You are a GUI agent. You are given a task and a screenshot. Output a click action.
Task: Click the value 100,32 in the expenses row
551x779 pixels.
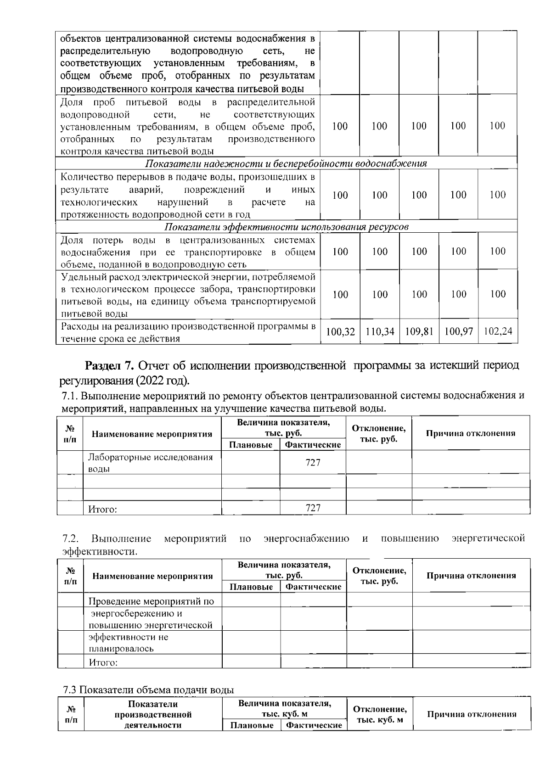click(x=340, y=331)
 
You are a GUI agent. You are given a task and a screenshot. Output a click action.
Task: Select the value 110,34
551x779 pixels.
click(x=380, y=331)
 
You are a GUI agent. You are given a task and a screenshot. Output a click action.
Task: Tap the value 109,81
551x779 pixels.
click(x=419, y=331)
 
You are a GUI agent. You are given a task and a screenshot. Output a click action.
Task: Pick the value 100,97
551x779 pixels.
click(x=458, y=331)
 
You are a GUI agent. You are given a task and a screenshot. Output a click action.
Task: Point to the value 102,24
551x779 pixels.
click(x=498, y=331)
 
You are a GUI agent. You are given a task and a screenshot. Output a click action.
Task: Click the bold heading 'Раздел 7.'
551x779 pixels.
click(x=109, y=366)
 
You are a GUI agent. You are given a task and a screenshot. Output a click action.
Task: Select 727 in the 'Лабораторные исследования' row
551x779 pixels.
click(x=313, y=463)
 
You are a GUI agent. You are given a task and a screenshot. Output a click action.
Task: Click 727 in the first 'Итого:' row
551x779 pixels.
click(x=313, y=508)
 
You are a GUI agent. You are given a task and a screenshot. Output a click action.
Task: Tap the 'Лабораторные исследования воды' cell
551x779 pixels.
click(x=150, y=463)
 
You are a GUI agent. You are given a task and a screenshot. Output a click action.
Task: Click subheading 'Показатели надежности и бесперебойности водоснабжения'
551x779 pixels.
click(x=286, y=163)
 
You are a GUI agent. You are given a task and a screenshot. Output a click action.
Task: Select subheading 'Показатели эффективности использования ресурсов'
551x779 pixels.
click(x=286, y=227)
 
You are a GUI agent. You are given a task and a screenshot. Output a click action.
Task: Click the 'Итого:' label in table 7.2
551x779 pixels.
click(x=103, y=662)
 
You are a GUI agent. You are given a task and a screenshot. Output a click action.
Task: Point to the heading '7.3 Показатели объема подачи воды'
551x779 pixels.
click(x=148, y=690)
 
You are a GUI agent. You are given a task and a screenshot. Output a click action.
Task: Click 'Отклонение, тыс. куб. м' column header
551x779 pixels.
click(x=379, y=714)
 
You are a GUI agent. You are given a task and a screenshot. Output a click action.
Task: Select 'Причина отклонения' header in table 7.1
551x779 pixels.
click(x=471, y=433)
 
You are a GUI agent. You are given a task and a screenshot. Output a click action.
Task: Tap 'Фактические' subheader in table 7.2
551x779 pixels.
click(x=313, y=587)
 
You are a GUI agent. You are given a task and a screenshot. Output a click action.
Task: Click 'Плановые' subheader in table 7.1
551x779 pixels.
click(x=251, y=445)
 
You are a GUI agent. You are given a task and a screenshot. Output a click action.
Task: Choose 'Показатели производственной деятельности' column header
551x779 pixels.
click(x=153, y=714)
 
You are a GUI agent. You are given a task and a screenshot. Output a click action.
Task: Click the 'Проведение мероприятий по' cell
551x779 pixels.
click(x=151, y=601)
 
